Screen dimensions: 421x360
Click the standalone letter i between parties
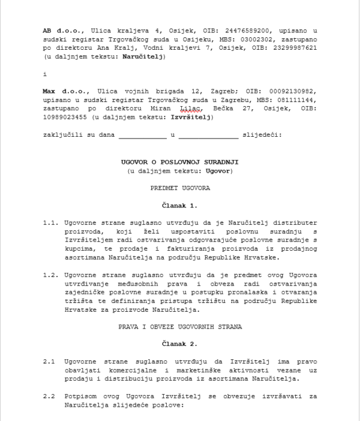(x=44, y=74)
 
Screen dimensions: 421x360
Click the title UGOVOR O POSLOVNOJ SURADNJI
(x=179, y=162)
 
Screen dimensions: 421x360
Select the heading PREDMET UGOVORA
(x=179, y=188)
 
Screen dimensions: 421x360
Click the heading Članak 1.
(x=179, y=206)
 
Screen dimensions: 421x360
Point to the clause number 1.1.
(x=50, y=222)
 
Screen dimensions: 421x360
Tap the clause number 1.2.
(x=50, y=276)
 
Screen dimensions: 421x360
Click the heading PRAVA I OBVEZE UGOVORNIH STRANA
(x=179, y=328)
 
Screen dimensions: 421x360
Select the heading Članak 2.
(x=179, y=345)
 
